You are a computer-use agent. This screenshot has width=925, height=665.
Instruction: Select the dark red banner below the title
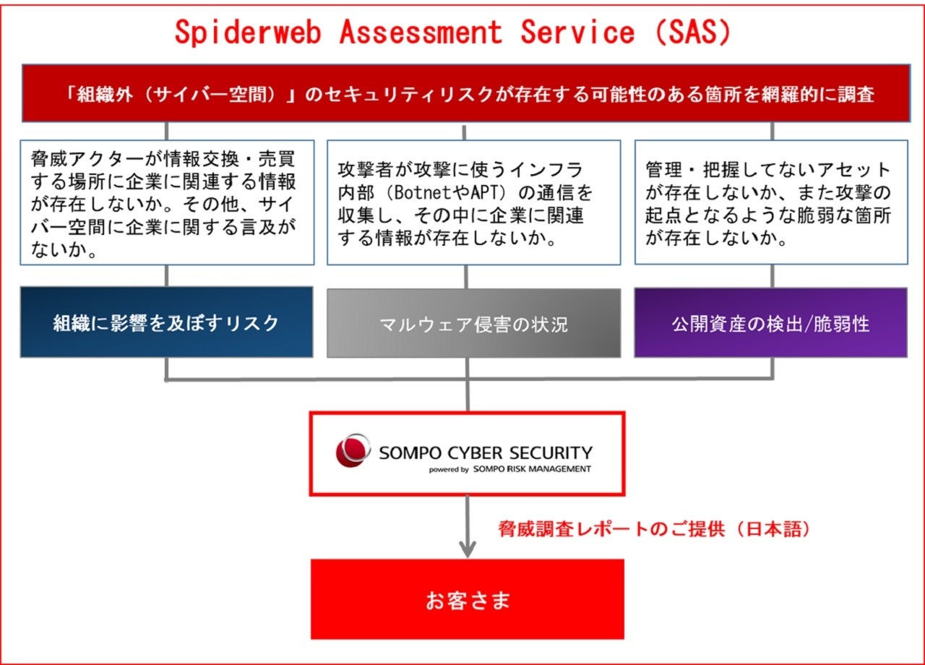pos(462,94)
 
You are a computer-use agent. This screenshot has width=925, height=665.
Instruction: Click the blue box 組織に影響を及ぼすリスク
pos(166,322)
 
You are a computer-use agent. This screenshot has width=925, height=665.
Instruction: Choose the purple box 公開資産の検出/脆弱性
pos(770,323)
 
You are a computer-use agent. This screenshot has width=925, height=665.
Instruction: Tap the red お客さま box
pos(467,600)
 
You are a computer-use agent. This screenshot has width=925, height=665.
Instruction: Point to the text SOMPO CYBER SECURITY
pos(486,453)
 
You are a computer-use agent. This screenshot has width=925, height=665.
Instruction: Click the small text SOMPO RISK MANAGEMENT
pos(533,469)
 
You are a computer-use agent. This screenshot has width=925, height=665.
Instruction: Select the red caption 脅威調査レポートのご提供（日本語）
pos(655,529)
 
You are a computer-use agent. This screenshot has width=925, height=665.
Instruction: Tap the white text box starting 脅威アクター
pos(167,202)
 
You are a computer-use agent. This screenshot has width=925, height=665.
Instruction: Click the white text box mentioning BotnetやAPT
pos(473,202)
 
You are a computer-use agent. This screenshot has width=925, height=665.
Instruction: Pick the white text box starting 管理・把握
pos(770,202)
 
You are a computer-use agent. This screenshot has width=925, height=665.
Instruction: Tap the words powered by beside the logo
pos(449,469)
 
